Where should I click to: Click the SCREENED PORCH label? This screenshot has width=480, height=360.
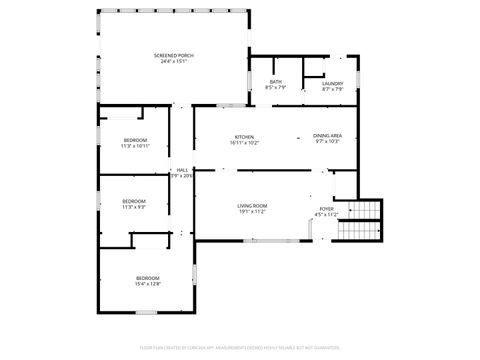click(x=173, y=54)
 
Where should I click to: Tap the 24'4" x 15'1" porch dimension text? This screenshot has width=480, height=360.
click(x=173, y=61)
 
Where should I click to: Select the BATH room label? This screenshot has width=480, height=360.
click(x=275, y=83)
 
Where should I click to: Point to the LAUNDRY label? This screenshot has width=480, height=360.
click(x=333, y=83)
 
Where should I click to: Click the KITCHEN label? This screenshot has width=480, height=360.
click(x=244, y=136)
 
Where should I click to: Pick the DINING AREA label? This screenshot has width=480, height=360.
click(x=328, y=135)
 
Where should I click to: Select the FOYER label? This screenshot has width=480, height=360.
click(x=327, y=209)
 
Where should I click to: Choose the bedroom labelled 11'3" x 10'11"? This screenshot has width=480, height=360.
click(x=135, y=143)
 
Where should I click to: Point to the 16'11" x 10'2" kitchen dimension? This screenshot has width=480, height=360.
click(x=244, y=143)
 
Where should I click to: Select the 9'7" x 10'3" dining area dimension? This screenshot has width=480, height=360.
click(x=328, y=142)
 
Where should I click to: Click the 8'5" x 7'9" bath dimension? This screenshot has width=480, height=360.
click(x=275, y=89)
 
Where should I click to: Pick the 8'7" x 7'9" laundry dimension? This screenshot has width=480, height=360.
click(x=333, y=89)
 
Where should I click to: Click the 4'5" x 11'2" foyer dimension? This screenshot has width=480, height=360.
click(x=327, y=215)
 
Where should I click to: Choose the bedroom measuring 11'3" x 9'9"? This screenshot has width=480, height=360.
click(x=134, y=204)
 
